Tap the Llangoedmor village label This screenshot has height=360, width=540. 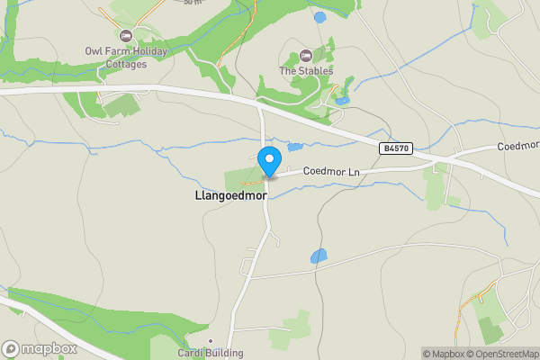click(x=229, y=194)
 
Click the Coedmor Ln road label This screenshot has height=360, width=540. click(x=330, y=171)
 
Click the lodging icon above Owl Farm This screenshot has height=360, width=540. click(x=124, y=35)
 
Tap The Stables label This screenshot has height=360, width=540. click(x=306, y=71)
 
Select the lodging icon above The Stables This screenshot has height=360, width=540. click(x=305, y=56)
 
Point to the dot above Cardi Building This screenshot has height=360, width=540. click(x=210, y=341)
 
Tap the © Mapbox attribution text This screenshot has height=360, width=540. click(x=443, y=354)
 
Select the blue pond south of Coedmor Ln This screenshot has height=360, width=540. click(x=319, y=256)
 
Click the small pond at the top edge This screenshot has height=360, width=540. click(x=319, y=17)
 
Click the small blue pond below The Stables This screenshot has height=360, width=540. click(x=341, y=101)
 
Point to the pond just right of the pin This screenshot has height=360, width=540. click(x=295, y=147)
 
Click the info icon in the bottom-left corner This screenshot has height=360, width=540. click(x=10, y=349)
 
